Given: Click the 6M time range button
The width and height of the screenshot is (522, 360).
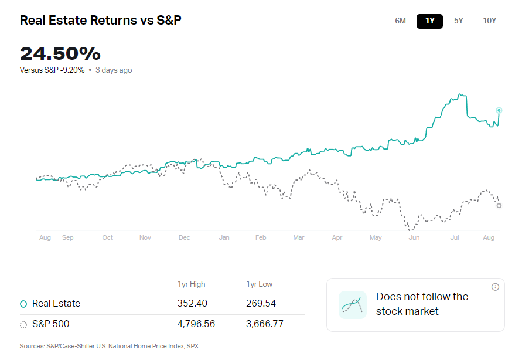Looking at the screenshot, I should pos(400,21).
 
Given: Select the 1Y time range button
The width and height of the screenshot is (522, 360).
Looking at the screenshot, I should pos(429,21).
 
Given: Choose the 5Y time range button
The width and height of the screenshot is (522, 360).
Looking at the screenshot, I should pos(458,21).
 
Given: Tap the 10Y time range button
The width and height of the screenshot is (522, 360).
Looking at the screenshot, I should pos(489,21).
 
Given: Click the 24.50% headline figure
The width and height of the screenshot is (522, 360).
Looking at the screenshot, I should pos(60,54).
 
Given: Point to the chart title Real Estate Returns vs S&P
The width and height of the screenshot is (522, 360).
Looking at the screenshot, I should pos(101,21).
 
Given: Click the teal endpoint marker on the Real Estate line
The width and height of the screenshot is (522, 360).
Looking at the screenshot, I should pos(499,110).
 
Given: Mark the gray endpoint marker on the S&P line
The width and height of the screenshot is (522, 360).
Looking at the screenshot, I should pos(499,205).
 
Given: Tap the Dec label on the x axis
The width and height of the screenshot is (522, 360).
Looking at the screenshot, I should pos(184,237).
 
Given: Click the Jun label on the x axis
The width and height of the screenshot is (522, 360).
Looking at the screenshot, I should pos(414,237).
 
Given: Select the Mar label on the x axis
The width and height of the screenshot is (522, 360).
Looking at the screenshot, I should pos(299,237).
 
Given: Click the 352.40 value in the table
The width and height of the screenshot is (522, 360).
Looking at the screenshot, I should pos(192,304).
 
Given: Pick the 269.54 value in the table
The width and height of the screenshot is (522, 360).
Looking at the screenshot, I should pos(261,304).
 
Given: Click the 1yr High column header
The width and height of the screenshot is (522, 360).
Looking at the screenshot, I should pos(192,284).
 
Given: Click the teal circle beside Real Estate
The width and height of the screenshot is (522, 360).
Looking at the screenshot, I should pos(23,304).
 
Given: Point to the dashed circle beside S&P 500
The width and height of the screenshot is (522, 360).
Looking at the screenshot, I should pos(23,324).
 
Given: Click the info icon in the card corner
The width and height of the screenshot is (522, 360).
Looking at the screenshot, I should pos(495,287).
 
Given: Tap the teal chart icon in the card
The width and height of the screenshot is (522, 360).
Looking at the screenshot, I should pos(352,304).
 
